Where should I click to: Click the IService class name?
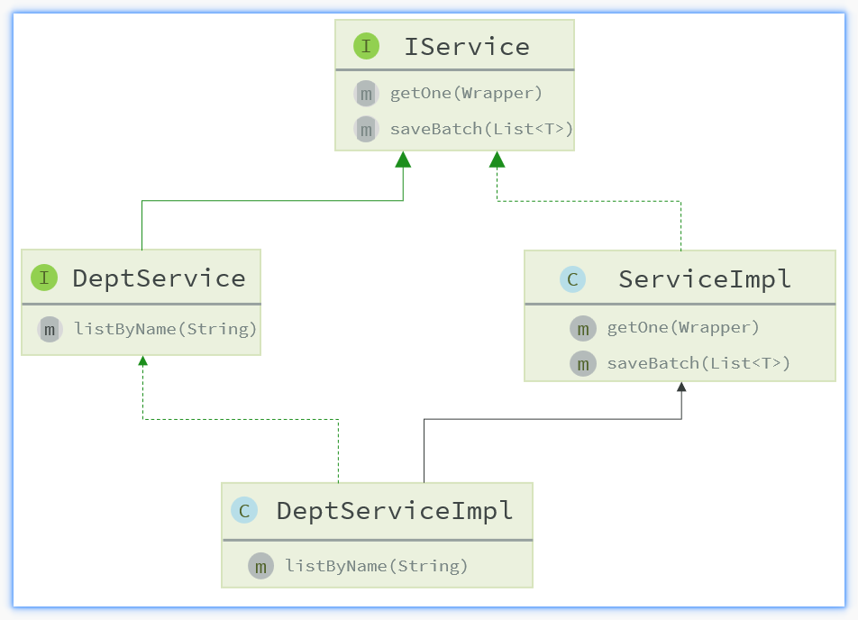pos(467,47)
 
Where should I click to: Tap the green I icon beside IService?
pos(366,46)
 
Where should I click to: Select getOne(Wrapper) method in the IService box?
pos(466,94)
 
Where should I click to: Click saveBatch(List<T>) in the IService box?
pos(481,129)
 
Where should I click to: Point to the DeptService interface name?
pos(160,278)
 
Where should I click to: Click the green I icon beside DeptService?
pos(44,278)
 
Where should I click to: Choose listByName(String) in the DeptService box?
pos(165,329)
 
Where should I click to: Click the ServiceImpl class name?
pos(705,279)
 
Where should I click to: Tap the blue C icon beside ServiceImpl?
pos(573,279)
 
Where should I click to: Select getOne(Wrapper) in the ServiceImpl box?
pos(683,327)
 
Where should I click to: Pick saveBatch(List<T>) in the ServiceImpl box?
pos(698,363)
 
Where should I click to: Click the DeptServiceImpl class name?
pos(395,511)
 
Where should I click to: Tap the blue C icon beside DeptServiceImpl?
pos(244,511)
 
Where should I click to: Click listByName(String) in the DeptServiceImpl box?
pos(377,566)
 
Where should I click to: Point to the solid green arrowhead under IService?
pos(403,160)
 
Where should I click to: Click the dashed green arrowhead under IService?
pos(497,160)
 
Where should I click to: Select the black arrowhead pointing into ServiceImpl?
pos(681,387)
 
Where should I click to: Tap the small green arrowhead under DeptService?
pos(142,360)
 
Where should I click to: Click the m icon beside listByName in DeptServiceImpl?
pos(261,566)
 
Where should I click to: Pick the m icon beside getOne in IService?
pos(366,94)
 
